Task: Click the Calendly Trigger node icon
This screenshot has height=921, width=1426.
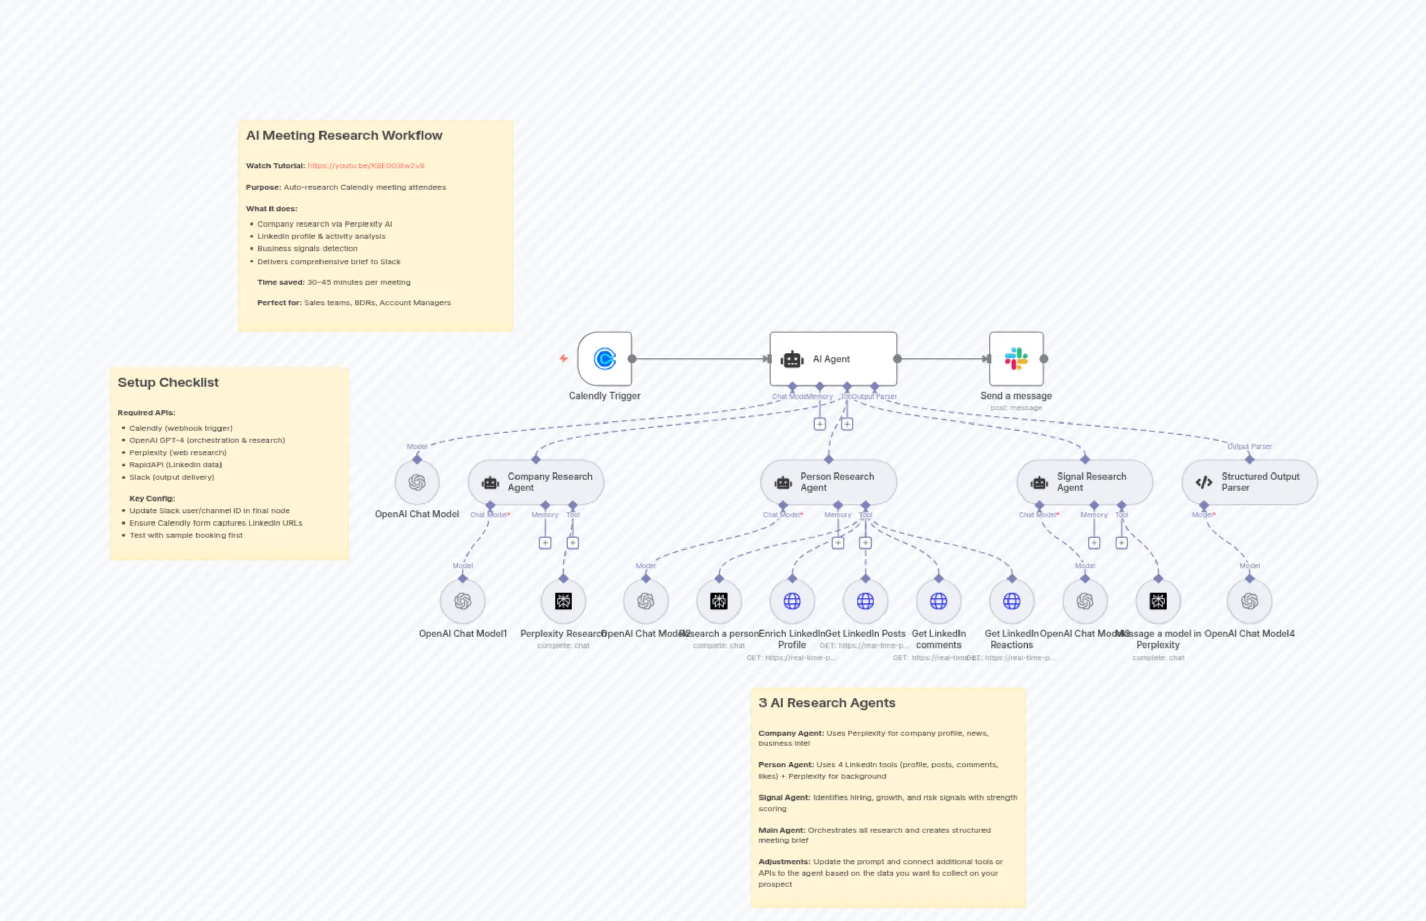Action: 604,359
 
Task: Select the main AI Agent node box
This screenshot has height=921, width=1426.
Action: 832,359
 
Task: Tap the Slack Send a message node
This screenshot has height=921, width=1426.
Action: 1016,359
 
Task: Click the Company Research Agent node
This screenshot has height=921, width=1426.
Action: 536,482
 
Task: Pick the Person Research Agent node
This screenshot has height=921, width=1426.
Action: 828,482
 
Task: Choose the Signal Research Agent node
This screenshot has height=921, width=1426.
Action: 1085,482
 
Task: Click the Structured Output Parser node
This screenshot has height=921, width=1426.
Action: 1249,482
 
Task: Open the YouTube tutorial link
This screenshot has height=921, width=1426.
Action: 365,166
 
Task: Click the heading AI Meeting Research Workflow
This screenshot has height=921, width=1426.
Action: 344,136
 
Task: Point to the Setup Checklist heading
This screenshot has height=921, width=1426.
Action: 168,382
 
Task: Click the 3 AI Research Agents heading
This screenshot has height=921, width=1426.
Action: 827,703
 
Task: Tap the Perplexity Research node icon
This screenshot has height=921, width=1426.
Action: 563,601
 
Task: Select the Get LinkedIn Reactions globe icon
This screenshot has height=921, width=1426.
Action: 1012,601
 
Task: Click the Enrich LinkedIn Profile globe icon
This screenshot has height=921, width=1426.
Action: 792,601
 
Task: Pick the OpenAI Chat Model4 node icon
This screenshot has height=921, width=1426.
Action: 1249,601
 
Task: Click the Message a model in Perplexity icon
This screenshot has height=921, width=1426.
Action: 1158,601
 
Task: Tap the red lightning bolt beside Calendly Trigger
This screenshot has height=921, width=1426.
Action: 563,358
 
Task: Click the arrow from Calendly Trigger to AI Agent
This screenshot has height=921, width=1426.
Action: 700,359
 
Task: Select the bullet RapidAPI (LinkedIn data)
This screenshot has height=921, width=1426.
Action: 175,465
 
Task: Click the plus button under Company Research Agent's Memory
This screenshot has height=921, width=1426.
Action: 545,543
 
